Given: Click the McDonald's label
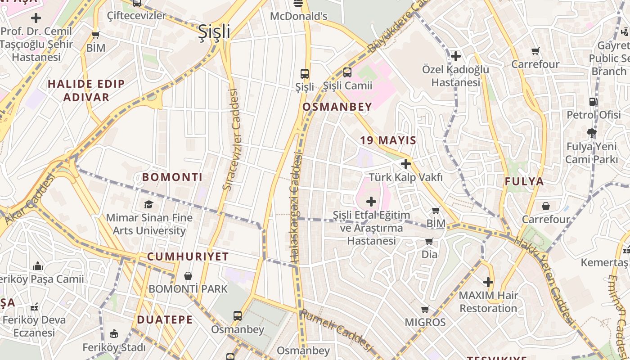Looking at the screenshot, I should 298,16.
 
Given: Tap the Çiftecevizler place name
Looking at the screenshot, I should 137,16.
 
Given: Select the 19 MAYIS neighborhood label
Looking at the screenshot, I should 388,140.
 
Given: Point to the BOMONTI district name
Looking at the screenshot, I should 172,177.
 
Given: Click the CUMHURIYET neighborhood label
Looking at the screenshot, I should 188,257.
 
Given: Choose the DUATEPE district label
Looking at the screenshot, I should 165,320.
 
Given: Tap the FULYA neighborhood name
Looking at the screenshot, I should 524,182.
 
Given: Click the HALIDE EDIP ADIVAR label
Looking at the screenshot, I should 86,90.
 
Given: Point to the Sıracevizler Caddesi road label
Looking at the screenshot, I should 230,139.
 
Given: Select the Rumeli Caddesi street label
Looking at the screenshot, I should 337,330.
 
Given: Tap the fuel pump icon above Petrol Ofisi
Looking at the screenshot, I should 594,102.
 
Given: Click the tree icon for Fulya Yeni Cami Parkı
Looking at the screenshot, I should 592,133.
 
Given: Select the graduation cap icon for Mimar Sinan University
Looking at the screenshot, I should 148,205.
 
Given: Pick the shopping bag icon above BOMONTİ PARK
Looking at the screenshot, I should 188,275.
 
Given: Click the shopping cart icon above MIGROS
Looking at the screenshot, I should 425,309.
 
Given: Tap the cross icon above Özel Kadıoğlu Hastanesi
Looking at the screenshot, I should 455,56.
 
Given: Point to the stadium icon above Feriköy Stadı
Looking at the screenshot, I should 114,334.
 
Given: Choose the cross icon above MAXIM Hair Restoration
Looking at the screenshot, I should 488,282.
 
